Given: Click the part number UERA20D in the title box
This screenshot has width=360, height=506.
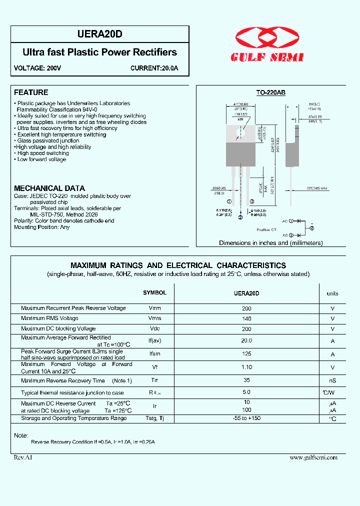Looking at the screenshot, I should click(x=99, y=34).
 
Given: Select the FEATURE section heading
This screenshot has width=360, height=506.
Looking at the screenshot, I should click(x=31, y=92).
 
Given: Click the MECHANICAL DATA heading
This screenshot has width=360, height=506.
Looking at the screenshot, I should click(x=49, y=188).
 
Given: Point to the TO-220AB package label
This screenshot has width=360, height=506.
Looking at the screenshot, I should click(x=270, y=92).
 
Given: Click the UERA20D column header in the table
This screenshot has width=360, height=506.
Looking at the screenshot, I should click(x=246, y=293).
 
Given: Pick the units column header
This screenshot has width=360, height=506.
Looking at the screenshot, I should click(x=332, y=293).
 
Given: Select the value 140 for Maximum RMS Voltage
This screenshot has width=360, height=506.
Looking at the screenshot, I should click(x=246, y=318).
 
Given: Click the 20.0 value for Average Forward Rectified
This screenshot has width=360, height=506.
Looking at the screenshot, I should click(x=246, y=340).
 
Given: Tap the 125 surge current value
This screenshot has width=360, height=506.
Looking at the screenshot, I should click(x=246, y=354).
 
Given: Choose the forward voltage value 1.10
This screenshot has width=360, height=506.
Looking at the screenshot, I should click(x=246, y=367).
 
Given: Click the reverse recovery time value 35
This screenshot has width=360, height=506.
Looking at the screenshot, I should click(x=246, y=380).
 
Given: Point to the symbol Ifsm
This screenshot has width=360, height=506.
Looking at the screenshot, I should click(x=154, y=354).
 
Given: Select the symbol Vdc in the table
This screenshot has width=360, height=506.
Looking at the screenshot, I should click(x=154, y=329).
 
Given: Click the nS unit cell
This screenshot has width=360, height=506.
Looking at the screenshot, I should click(x=332, y=381).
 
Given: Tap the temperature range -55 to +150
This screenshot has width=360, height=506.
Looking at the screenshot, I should click(x=246, y=418).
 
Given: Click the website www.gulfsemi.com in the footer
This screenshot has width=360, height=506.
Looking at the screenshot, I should click(x=313, y=457).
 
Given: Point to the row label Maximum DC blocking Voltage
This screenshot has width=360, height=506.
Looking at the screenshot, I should click(x=58, y=329).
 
